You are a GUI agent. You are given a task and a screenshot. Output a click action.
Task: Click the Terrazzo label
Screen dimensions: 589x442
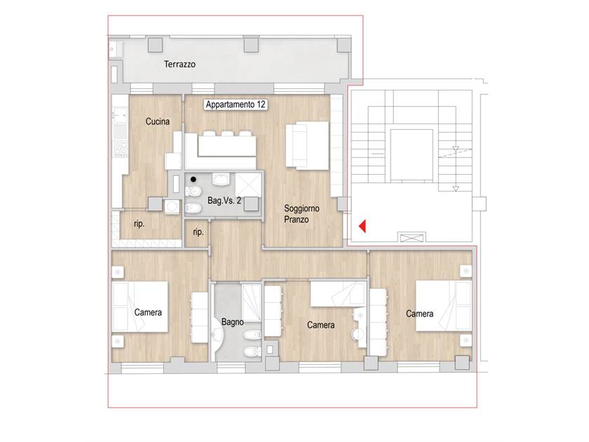point(180,65)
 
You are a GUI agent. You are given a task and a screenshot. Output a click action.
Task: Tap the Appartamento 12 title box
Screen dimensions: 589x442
point(236,105)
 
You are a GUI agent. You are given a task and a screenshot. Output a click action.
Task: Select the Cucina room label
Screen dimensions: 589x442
point(157,121)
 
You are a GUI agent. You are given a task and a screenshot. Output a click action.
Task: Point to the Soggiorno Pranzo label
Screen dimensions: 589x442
point(302,214)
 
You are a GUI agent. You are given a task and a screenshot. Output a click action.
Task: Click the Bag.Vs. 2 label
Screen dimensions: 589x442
point(224,201)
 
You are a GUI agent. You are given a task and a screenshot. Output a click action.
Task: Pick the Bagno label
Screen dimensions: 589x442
point(233,322)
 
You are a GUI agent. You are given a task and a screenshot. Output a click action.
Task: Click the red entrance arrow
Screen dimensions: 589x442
point(363,226)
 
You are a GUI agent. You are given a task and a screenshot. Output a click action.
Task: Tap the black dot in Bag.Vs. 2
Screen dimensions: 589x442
point(193,180)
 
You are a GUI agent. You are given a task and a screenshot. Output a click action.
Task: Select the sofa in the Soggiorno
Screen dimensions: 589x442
point(307,145)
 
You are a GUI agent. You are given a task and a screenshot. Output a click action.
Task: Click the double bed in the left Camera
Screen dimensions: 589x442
point(140,307)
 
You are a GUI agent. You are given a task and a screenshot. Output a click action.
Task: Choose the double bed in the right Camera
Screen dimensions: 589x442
point(444,306)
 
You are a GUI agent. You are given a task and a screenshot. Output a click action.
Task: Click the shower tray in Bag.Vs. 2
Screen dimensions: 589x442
point(248,185)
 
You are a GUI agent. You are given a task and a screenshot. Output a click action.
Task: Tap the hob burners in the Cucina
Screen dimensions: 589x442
point(120,149)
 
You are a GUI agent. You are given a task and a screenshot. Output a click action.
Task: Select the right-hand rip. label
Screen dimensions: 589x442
point(198,232)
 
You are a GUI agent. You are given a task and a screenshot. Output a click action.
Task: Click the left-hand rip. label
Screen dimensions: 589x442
point(139,224)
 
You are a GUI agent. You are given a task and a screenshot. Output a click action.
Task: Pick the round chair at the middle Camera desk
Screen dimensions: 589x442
point(358,334)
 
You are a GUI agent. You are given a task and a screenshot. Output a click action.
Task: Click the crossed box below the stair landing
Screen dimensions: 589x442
point(411,238)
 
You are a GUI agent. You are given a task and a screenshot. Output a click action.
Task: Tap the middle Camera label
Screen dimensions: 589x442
point(321,325)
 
